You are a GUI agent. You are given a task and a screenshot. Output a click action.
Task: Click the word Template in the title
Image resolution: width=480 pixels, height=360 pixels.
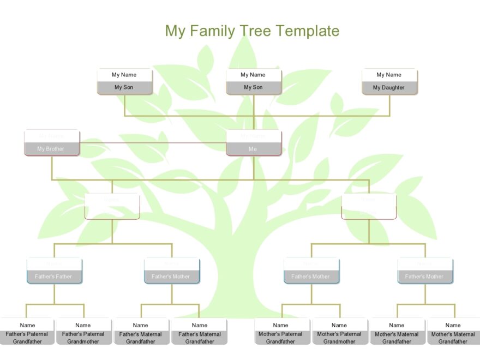click(x=308, y=31)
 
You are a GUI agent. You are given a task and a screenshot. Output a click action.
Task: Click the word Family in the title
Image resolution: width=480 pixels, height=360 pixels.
click(x=215, y=31)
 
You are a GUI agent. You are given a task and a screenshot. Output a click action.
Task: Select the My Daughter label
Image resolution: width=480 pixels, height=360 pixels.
click(x=389, y=87)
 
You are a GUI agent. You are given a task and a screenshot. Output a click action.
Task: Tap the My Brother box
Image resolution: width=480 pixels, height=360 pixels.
click(x=51, y=143)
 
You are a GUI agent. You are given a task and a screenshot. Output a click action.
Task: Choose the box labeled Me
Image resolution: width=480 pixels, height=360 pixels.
click(x=253, y=143)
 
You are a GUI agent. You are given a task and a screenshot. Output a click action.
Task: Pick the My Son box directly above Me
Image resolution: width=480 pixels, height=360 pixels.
click(x=253, y=81)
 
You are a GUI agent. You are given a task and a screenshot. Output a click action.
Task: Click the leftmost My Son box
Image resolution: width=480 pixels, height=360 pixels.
click(x=124, y=81)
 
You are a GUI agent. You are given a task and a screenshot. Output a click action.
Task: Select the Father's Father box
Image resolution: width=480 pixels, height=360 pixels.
click(x=53, y=271)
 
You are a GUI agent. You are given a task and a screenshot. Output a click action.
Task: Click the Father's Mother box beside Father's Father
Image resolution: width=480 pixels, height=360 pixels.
click(x=171, y=271)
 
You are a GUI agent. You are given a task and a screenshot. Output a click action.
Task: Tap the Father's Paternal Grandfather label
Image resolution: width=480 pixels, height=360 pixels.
click(x=27, y=338)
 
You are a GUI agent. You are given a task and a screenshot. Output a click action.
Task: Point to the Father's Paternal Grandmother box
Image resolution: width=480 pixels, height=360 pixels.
click(x=83, y=332)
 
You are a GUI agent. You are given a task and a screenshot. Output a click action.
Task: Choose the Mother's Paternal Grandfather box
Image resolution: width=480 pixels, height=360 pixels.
click(x=280, y=332)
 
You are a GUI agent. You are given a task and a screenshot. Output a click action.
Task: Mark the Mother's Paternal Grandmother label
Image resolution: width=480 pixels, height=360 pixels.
click(x=339, y=338)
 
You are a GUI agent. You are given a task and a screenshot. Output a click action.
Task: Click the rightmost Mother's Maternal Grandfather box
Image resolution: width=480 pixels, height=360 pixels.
click(x=453, y=332)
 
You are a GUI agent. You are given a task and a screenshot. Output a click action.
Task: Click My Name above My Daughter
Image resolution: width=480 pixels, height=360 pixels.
click(x=389, y=75)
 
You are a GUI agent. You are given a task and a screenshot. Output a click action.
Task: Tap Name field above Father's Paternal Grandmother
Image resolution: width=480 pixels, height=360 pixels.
click(x=83, y=325)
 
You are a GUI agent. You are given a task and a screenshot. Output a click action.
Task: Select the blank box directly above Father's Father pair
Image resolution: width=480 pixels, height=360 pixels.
click(x=112, y=206)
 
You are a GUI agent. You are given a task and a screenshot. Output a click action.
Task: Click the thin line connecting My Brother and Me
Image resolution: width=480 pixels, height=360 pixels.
click(x=153, y=143)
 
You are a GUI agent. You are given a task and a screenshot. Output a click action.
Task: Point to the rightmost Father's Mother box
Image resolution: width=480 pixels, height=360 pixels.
click(x=424, y=271)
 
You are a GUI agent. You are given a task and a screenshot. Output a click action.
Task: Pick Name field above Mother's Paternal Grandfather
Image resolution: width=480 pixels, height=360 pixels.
click(x=280, y=325)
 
